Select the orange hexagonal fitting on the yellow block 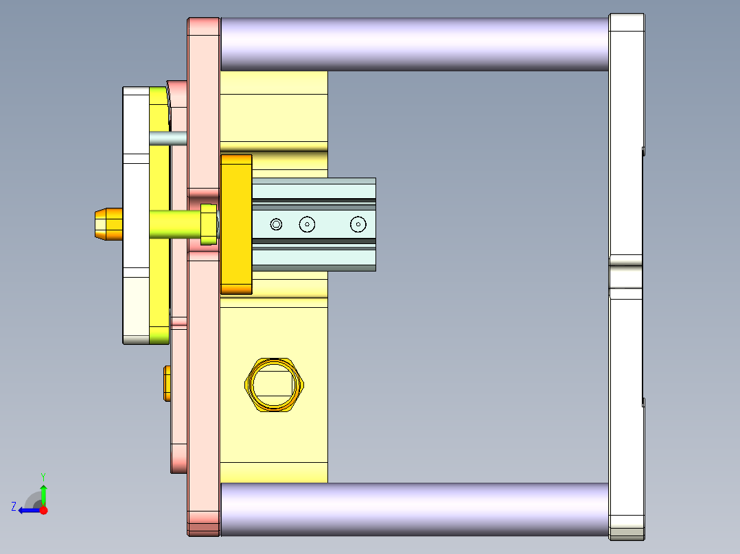pyautogui.click(x=275, y=385)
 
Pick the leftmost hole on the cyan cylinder pyautogui.click(x=276, y=224)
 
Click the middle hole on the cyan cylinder pyautogui.click(x=306, y=224)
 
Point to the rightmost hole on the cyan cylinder pyautogui.click(x=358, y=224)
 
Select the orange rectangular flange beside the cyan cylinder pyautogui.click(x=236, y=224)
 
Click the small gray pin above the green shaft pyautogui.click(x=167, y=138)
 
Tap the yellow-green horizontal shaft pyautogui.click(x=174, y=224)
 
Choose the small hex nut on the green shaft pyautogui.click(x=208, y=224)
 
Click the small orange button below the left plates pyautogui.click(x=167, y=383)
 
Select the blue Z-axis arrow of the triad pyautogui.click(x=27, y=510)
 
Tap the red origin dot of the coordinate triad pyautogui.click(x=43, y=510)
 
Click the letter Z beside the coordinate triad pyautogui.click(x=14, y=506)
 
